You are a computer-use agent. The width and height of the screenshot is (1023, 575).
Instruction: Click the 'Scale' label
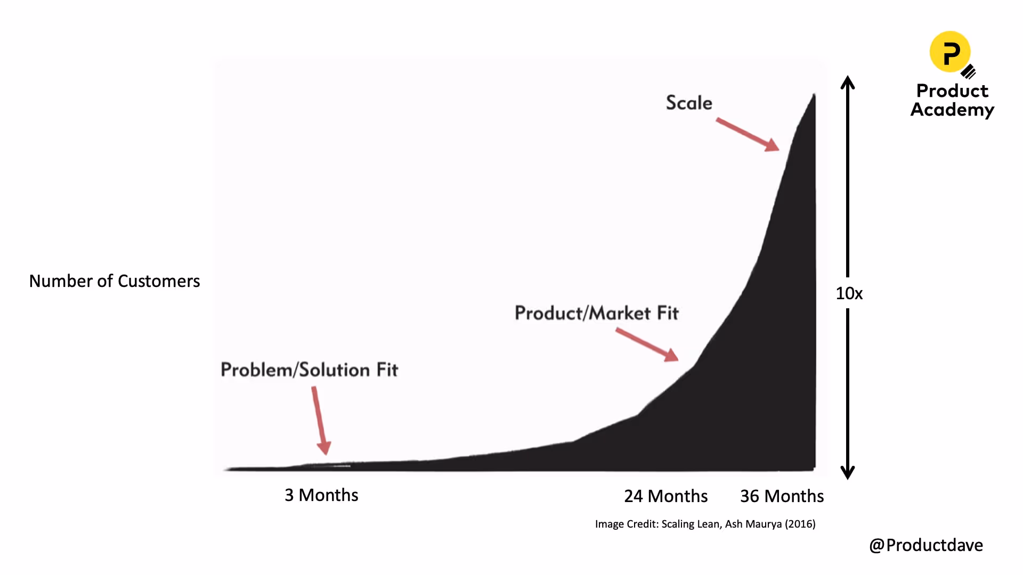click(689, 103)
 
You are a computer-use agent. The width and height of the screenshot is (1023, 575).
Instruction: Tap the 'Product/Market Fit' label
click(596, 313)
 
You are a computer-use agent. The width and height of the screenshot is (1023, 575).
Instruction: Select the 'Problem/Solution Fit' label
click(309, 370)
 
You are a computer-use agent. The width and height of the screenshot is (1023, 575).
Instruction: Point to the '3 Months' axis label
click(321, 495)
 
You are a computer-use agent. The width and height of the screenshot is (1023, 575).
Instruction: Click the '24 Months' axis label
click(665, 496)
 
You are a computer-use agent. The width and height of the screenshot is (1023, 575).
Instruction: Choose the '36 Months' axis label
click(782, 496)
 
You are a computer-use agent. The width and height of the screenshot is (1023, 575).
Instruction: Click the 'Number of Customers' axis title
click(115, 281)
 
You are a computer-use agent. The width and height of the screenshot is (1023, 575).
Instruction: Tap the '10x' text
click(849, 293)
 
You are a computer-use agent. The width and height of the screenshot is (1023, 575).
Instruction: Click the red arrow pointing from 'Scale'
click(748, 135)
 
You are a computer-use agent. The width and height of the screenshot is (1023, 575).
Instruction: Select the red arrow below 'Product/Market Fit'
click(647, 345)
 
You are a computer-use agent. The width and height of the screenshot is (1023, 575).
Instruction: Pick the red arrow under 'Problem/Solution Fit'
click(320, 420)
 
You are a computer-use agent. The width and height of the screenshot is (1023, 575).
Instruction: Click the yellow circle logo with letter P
click(950, 52)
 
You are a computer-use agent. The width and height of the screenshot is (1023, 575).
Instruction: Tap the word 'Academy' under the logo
click(952, 110)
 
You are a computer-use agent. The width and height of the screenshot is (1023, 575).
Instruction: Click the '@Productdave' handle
click(926, 545)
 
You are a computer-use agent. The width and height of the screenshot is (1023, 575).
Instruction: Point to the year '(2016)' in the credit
click(800, 524)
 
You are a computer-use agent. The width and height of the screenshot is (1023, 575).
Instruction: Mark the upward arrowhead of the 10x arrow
click(848, 82)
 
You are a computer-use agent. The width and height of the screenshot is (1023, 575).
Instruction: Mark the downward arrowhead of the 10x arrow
click(848, 473)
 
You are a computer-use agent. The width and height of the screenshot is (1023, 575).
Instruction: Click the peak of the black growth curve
click(814, 95)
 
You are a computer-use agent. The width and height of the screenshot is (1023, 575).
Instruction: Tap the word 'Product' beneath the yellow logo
click(952, 91)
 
